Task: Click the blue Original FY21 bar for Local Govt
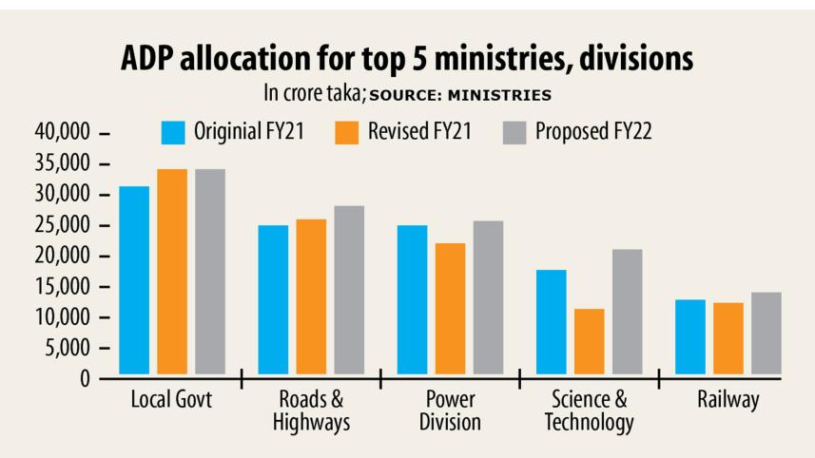pos(134,280)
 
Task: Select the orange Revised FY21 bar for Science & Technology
pos(589,341)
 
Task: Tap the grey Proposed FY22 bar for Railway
pos(766,334)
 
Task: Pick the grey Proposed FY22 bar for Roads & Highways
pos(349,290)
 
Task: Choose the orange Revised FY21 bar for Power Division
pos(450,309)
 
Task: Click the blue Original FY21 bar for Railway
pos(689,337)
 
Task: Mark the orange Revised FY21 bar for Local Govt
pos(172,272)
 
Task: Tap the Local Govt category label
pos(171,400)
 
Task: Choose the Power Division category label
pos(450,410)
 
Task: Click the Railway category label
pos(728,400)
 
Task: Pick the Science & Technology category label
pos(589,410)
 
